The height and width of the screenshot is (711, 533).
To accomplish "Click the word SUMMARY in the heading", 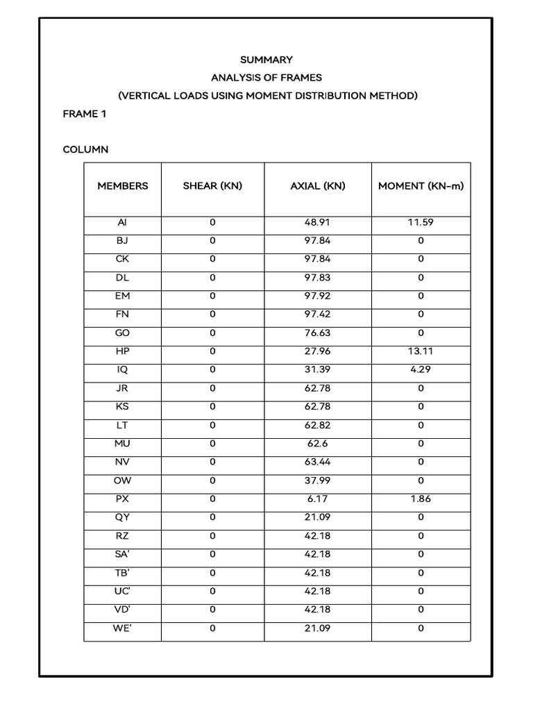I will tap(267, 60).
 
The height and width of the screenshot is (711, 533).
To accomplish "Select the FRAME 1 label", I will tap(85, 114).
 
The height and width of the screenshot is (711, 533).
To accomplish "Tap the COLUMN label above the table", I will tap(85, 149).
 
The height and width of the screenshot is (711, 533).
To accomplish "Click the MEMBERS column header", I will tap(123, 186).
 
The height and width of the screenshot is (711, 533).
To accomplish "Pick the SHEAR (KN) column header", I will tap(212, 186).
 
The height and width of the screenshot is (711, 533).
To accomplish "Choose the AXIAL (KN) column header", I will tap(318, 186).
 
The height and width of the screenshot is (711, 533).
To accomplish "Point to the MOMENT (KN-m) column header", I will tap(421, 186).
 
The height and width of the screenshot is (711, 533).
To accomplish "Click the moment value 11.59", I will tap(421, 223).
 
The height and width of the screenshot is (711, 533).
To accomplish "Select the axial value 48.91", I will tap(318, 223).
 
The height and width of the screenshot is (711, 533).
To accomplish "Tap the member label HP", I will tap(123, 351).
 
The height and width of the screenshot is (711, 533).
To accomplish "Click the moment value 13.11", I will tap(421, 351).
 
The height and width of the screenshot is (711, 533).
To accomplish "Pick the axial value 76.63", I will tap(318, 333).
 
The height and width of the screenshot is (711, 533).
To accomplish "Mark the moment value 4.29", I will tap(421, 369).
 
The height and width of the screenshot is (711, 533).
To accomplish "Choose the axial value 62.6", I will tap(318, 443).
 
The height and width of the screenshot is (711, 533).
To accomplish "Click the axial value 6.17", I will tap(318, 499).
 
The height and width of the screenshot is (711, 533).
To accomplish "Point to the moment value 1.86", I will tap(421, 499).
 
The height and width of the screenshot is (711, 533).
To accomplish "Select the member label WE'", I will tap(123, 628).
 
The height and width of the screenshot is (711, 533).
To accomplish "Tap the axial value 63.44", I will tap(318, 462).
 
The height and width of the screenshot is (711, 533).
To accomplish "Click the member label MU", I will tap(123, 443).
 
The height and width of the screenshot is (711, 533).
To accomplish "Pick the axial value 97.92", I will tap(318, 296).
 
